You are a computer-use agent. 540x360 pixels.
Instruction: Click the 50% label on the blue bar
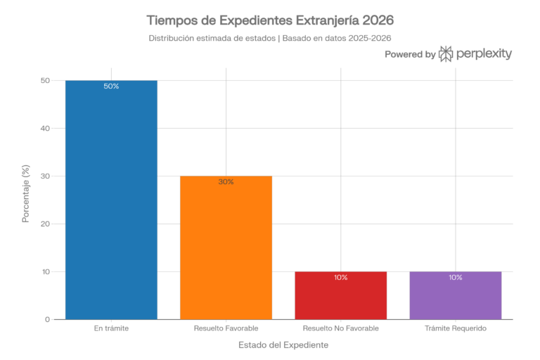coord(111,86)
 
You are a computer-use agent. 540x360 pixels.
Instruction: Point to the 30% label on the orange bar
coord(226,182)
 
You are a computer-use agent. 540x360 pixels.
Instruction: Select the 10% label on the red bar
coord(340,278)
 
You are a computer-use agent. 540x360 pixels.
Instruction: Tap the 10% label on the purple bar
coord(455,278)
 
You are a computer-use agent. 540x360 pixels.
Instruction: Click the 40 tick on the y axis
coord(44,129)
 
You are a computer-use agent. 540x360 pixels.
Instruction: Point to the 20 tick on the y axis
coord(44,224)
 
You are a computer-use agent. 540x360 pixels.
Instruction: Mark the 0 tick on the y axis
coord(47,320)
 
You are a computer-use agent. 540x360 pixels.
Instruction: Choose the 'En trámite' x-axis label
coord(111,328)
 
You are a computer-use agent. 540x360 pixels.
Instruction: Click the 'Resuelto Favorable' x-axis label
coord(226,328)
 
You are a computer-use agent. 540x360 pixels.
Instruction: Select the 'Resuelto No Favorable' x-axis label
coord(340,328)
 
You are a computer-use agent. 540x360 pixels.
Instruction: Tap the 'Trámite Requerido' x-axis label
coord(455,328)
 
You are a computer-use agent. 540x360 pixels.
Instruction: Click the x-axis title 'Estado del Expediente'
coord(283,345)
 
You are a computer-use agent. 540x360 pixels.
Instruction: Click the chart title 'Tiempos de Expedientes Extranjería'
coord(270,20)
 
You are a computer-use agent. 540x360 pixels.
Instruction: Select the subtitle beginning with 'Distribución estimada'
coord(270,38)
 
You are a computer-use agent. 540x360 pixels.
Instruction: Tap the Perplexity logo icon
coord(446,54)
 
